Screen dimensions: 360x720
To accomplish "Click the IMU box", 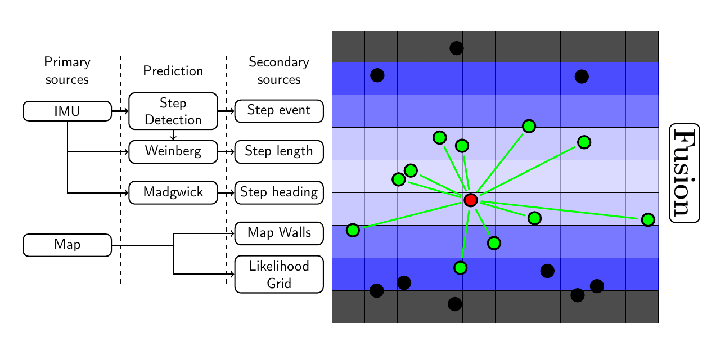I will tap(67, 111).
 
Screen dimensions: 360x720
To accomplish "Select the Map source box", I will tap(67, 245).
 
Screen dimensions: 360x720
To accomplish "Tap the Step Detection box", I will tap(173, 111).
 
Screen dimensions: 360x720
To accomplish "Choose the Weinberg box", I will tap(173, 151).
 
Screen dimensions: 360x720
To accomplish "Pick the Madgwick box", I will tap(173, 192).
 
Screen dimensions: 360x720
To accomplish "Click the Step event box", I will tap(278, 110).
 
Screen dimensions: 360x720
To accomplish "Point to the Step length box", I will tap(278, 151).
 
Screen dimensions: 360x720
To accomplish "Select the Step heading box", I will tap(278, 192).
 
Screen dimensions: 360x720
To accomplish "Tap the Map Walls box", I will tap(278, 233).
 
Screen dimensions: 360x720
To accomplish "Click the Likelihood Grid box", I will tap(278, 274).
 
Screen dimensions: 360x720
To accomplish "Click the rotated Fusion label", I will tap(685, 173).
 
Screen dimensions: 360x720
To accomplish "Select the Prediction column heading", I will tap(173, 71).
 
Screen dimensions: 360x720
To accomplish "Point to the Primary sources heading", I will tap(67, 71).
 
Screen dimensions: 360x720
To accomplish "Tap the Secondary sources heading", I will tap(278, 71).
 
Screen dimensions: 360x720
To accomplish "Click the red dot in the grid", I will tap(470, 200).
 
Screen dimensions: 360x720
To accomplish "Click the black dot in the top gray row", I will tap(457, 48).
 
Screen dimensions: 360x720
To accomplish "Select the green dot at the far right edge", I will tap(648, 219).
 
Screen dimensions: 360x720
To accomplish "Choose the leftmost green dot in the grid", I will tap(353, 229).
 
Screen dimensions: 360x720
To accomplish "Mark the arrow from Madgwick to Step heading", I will tap(226, 192).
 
